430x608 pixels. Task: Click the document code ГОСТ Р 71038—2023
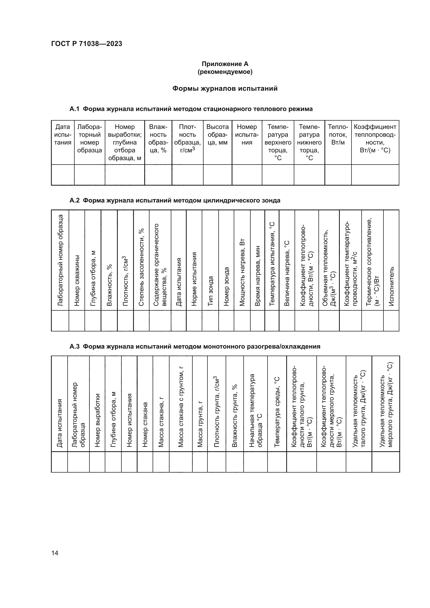click(87, 44)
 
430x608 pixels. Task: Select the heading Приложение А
click(225, 64)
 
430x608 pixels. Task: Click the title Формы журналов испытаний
click(225, 88)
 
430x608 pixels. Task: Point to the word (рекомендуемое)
click(225, 72)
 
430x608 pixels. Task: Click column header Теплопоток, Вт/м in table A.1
click(338, 135)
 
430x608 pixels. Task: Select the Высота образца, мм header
click(217, 135)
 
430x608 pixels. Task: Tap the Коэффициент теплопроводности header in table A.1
click(375, 139)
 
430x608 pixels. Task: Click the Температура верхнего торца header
click(278, 142)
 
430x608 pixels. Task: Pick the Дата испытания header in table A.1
click(63, 135)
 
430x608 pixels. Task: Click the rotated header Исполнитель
click(391, 286)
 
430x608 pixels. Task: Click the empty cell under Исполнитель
click(391, 321)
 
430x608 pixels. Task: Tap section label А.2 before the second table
click(74, 200)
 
